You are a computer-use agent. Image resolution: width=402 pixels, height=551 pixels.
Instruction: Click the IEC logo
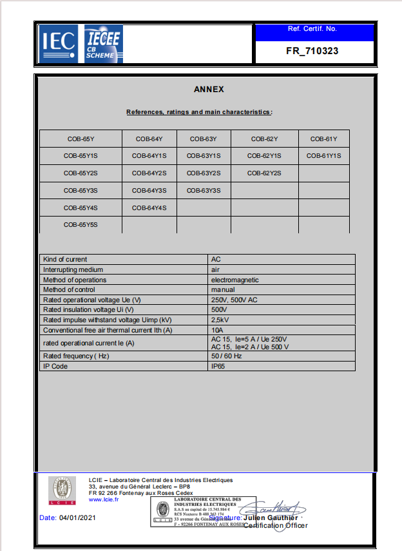point(59,43)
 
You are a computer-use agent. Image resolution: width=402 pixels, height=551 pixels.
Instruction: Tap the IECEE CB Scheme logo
point(104,43)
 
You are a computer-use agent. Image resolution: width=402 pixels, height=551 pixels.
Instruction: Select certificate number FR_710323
point(312,51)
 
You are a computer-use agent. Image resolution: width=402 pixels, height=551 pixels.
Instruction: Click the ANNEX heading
point(209,90)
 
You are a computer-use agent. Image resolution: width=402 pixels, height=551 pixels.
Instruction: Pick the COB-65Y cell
point(81,139)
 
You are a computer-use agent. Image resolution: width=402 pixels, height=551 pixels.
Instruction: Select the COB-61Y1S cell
point(323,156)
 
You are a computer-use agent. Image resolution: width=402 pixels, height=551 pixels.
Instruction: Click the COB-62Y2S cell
point(264,173)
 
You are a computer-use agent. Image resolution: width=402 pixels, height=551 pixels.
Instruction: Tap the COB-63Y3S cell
point(204,191)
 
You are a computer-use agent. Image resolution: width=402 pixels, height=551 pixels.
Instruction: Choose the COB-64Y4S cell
point(149,208)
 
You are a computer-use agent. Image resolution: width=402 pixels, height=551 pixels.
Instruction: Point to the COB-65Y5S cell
point(81,225)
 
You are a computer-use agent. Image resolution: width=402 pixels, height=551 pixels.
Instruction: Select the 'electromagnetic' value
point(235,280)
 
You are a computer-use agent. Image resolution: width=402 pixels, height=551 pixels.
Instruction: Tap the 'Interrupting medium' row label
point(73,269)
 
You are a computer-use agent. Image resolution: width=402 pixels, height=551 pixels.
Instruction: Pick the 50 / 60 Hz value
point(226,356)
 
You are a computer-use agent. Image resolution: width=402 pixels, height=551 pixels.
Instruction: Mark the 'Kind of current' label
point(65,259)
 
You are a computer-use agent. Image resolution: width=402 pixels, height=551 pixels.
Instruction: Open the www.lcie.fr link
point(103,499)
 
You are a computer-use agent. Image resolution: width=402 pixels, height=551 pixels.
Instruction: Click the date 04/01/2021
point(77,517)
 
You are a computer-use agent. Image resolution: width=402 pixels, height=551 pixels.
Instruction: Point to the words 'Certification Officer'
point(276,525)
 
